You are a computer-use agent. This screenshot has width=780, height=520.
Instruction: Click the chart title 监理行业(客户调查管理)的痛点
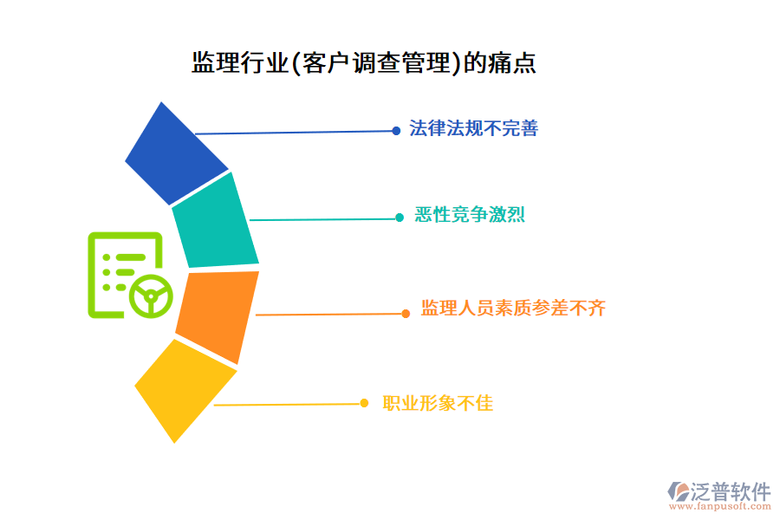click(x=363, y=63)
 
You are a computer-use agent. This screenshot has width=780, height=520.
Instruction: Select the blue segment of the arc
click(x=177, y=154)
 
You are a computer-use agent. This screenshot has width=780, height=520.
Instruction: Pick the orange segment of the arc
click(x=218, y=315)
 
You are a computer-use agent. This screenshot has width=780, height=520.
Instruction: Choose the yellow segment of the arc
click(x=184, y=390)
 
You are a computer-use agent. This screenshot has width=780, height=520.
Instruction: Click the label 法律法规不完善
click(x=474, y=129)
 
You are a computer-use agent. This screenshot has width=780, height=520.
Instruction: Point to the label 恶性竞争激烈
click(x=469, y=215)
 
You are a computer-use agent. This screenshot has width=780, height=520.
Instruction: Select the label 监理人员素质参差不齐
click(x=513, y=308)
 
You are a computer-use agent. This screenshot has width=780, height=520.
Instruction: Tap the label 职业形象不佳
click(x=438, y=403)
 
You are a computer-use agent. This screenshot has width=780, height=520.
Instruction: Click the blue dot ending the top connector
click(x=396, y=131)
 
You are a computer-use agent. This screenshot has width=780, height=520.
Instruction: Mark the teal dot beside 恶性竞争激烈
click(x=400, y=218)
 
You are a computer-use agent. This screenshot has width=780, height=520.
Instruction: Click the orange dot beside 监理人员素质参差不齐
click(x=406, y=314)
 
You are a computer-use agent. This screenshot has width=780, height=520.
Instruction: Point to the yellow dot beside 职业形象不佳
click(x=365, y=403)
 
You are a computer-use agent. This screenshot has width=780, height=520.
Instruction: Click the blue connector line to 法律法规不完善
click(x=295, y=133)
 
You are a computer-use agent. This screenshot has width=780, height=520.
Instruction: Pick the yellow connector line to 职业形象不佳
click(x=286, y=404)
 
